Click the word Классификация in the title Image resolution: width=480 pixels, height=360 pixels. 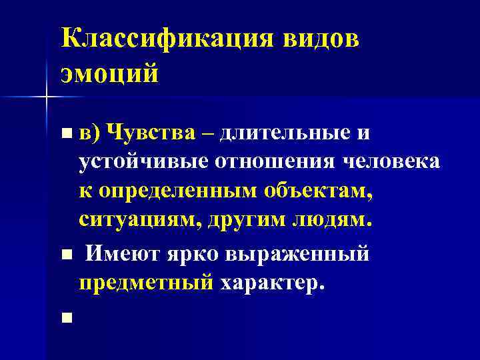pyautogui.click(x=166, y=39)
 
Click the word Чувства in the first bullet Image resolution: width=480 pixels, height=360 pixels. pyautogui.click(x=151, y=133)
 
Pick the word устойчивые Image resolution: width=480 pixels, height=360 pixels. pyautogui.click(x=143, y=161)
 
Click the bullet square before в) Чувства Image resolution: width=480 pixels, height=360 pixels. pyautogui.click(x=64, y=134)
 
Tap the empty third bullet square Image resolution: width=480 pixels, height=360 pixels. pyautogui.click(x=64, y=318)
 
